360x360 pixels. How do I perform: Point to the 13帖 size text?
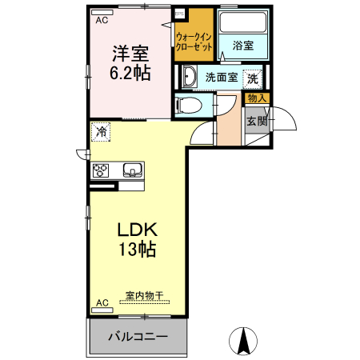click(138, 249)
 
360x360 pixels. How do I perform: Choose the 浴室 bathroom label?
click(243, 46)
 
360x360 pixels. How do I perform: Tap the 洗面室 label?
click(221, 78)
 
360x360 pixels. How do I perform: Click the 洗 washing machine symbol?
click(253, 78)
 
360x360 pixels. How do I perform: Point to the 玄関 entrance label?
click(256, 122)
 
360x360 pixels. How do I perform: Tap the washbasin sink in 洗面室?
click(189, 78)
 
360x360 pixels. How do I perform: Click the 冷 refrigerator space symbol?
click(102, 132)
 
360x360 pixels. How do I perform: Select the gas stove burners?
click(102, 170)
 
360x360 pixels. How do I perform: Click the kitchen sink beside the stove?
click(132, 170)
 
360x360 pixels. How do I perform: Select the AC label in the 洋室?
click(102, 22)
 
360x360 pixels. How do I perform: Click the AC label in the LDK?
click(102, 303)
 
